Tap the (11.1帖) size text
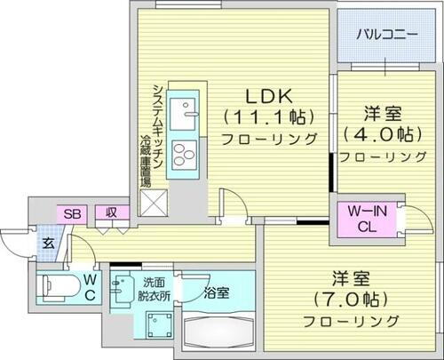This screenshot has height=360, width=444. pyautogui.click(x=270, y=116)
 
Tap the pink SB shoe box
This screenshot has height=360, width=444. pyautogui.click(x=70, y=213)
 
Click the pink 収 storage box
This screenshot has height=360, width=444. pyautogui.click(x=111, y=213)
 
